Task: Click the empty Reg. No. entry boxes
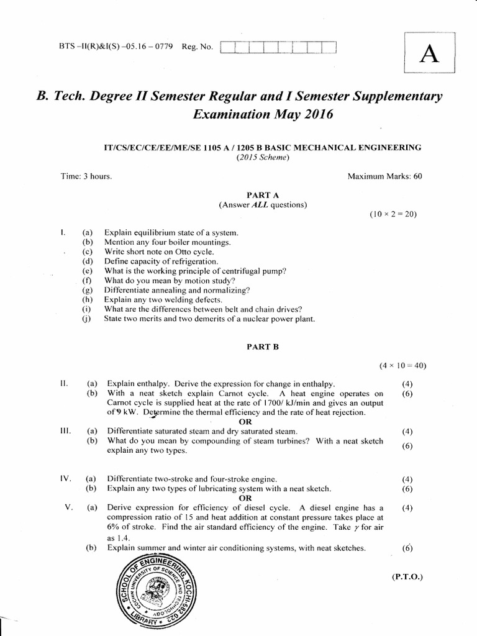(x=278, y=48)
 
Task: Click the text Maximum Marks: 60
(x=384, y=176)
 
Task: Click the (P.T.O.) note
(x=407, y=576)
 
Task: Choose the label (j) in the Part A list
(x=87, y=319)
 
